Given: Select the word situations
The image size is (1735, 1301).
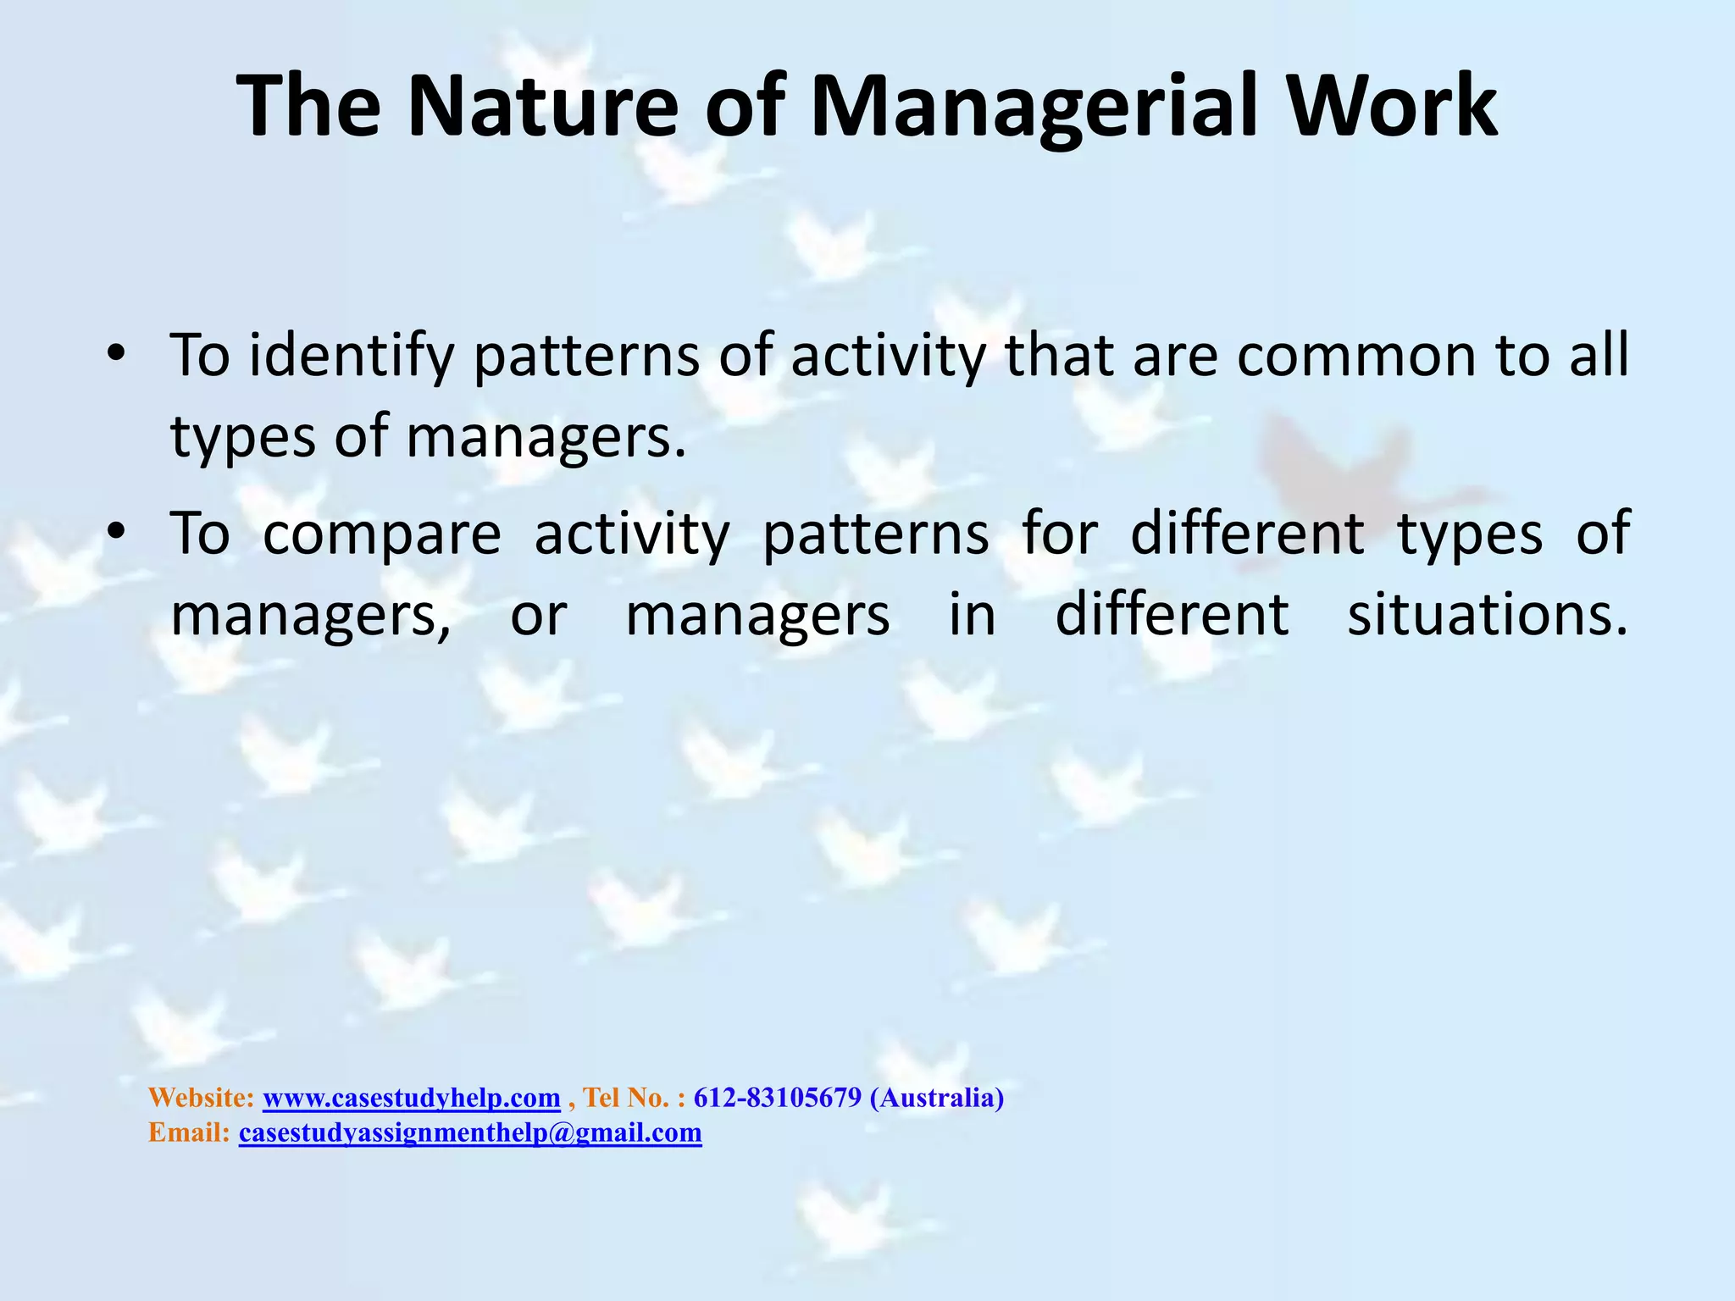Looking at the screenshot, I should click(1488, 616).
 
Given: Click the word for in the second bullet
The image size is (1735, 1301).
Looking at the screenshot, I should click(1060, 534).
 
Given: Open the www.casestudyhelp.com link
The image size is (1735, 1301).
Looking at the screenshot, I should click(412, 1098).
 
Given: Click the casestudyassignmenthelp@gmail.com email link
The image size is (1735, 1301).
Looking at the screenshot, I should click(470, 1132).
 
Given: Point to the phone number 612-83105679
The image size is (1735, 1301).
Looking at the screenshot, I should click(777, 1098).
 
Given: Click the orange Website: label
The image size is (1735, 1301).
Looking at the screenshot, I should click(201, 1098).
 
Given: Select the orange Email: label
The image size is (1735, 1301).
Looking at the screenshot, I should click(189, 1132).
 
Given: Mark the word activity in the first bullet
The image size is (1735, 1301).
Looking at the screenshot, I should click(889, 356).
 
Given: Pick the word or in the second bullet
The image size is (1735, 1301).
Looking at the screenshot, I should click(538, 616).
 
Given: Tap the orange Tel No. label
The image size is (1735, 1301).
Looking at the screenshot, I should click(627, 1098).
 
